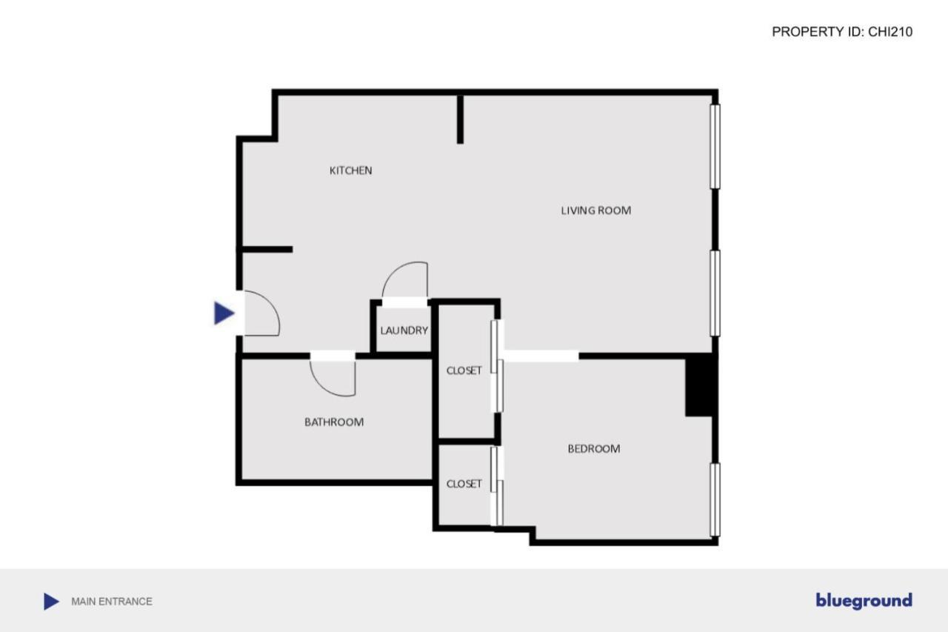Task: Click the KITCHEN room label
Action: [350, 170]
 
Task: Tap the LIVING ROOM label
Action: [595, 210]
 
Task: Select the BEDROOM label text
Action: [593, 448]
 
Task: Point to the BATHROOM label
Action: [334, 422]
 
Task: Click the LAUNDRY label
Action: [404, 330]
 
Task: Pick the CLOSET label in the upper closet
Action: [464, 370]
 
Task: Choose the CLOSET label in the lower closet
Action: [464, 484]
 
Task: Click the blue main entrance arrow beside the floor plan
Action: [224, 313]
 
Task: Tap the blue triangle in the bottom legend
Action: [50, 602]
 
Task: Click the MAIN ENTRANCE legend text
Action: [112, 602]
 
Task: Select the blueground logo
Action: [864, 601]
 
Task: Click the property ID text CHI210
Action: [842, 32]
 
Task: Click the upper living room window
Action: [715, 146]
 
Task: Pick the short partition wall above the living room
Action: [460, 119]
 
